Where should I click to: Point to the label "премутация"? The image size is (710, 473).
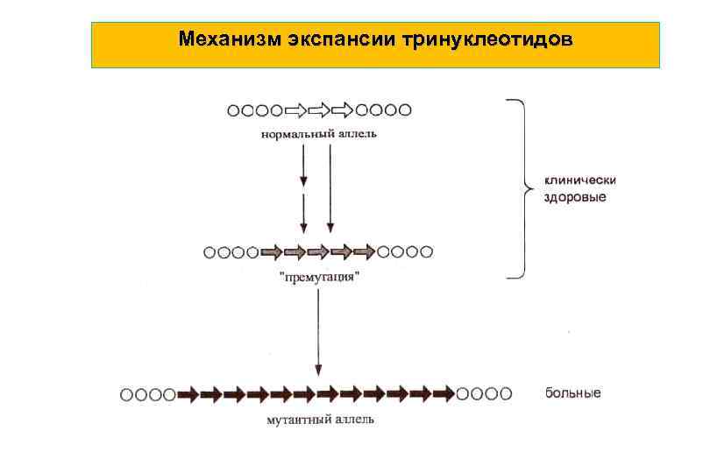319,277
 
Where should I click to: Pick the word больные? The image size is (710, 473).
573,393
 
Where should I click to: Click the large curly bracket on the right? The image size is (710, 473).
521,187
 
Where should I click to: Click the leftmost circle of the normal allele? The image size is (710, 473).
234,110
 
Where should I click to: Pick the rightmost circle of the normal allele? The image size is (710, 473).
405,110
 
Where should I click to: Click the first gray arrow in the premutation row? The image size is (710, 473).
273,252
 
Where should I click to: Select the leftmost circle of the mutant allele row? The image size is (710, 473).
127,394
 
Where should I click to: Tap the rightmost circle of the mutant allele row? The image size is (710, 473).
506,394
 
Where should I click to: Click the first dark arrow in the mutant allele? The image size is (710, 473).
188,394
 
